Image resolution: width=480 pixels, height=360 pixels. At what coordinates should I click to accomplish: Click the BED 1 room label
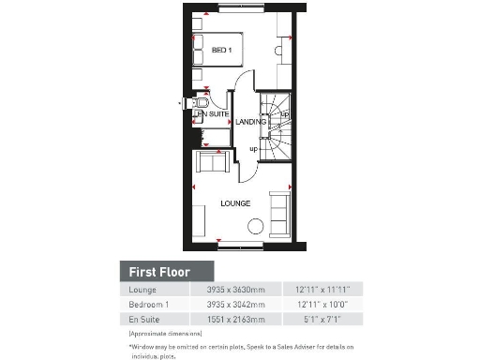point(221,50)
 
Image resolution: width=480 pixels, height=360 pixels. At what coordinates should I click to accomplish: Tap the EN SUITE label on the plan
point(213,114)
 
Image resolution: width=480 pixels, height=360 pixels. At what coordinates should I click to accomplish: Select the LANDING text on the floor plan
point(250,122)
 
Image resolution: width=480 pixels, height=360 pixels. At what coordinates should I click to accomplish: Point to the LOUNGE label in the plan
point(235,202)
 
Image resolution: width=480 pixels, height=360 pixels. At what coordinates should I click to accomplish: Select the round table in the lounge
point(254,225)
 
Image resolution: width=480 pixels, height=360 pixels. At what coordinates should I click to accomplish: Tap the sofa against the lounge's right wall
point(279,214)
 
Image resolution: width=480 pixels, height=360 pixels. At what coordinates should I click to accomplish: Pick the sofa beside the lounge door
point(212,163)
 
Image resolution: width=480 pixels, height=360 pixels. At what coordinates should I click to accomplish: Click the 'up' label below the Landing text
point(253,148)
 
